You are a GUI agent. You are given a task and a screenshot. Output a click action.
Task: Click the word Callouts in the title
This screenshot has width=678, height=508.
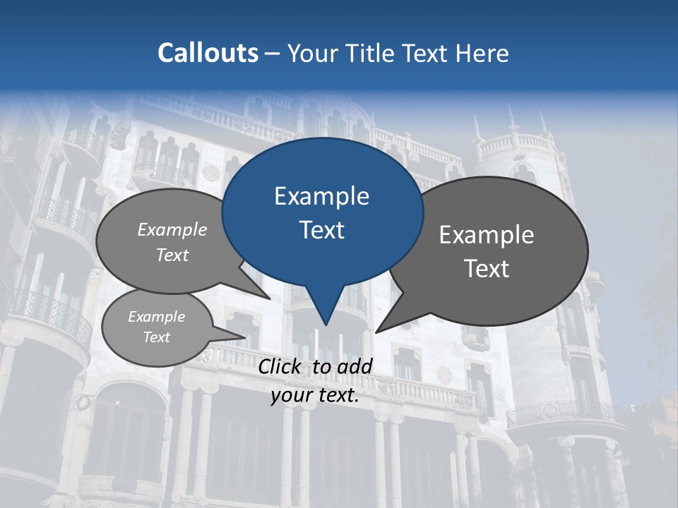208,53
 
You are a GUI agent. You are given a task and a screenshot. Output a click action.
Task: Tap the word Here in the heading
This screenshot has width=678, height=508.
483,53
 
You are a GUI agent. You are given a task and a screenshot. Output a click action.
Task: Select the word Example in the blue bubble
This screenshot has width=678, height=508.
321,196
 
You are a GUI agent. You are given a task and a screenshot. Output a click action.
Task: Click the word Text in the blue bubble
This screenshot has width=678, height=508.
321,230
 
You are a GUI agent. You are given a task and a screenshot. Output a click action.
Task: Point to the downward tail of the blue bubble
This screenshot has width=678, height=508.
325,314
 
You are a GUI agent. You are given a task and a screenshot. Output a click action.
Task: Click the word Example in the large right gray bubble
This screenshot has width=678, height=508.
487,235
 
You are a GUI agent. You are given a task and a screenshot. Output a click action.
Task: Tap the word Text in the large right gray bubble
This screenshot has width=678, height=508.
487,269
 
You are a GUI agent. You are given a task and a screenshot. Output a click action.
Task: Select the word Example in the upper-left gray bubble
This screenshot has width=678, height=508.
172,229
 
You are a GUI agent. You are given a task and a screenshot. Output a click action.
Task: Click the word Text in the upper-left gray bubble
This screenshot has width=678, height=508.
172,255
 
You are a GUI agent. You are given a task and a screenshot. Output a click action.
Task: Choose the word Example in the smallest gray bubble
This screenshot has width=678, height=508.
156,317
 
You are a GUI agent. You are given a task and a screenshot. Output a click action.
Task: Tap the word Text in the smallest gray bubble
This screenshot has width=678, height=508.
156,337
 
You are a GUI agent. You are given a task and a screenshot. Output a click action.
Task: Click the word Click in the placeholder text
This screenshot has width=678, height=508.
281,366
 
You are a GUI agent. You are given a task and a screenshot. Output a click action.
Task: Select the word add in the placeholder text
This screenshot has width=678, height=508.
354,366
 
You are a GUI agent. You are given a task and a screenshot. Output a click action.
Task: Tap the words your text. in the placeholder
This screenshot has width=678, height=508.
315,395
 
